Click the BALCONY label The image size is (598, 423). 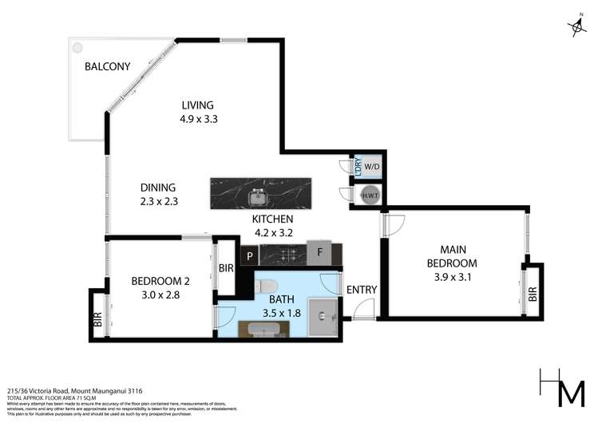click(107, 67)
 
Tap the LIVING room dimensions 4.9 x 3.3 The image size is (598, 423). click(198, 119)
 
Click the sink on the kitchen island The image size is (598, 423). click(257, 196)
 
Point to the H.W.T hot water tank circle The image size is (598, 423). click(370, 196)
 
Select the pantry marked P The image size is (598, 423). click(250, 256)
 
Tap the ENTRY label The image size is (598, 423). click(362, 290)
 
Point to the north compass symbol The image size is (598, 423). click(576, 27)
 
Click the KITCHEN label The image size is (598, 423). click(273, 219)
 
